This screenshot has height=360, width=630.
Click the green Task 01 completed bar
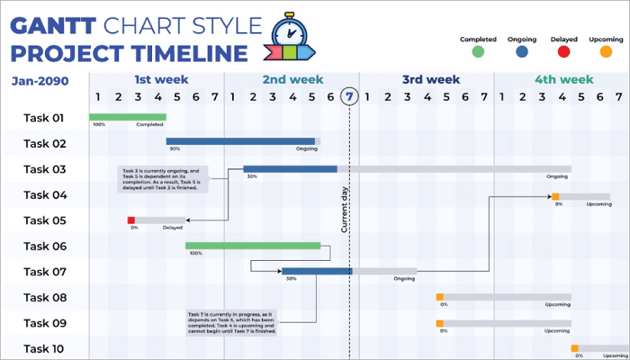[127, 116]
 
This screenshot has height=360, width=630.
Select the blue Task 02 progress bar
[240, 141]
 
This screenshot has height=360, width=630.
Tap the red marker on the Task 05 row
[131, 220]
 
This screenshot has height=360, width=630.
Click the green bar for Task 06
[253, 245]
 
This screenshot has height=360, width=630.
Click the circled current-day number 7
[350, 96]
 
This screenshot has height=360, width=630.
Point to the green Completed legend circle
[478, 52]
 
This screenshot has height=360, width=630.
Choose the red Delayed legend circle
[563, 52]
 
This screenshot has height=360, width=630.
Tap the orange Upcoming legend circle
[606, 52]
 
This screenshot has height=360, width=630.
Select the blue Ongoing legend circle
[522, 52]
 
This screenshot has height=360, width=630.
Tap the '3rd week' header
[430, 79]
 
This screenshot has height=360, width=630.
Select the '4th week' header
[564, 79]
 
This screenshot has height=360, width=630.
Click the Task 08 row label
[44, 297]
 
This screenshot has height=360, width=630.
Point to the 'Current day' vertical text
[345, 210]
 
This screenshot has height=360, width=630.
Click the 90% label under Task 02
[175, 149]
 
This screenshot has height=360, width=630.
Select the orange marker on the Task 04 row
[556, 196]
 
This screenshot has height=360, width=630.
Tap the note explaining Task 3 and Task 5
[162, 176]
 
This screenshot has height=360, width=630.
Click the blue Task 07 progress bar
[317, 271]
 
